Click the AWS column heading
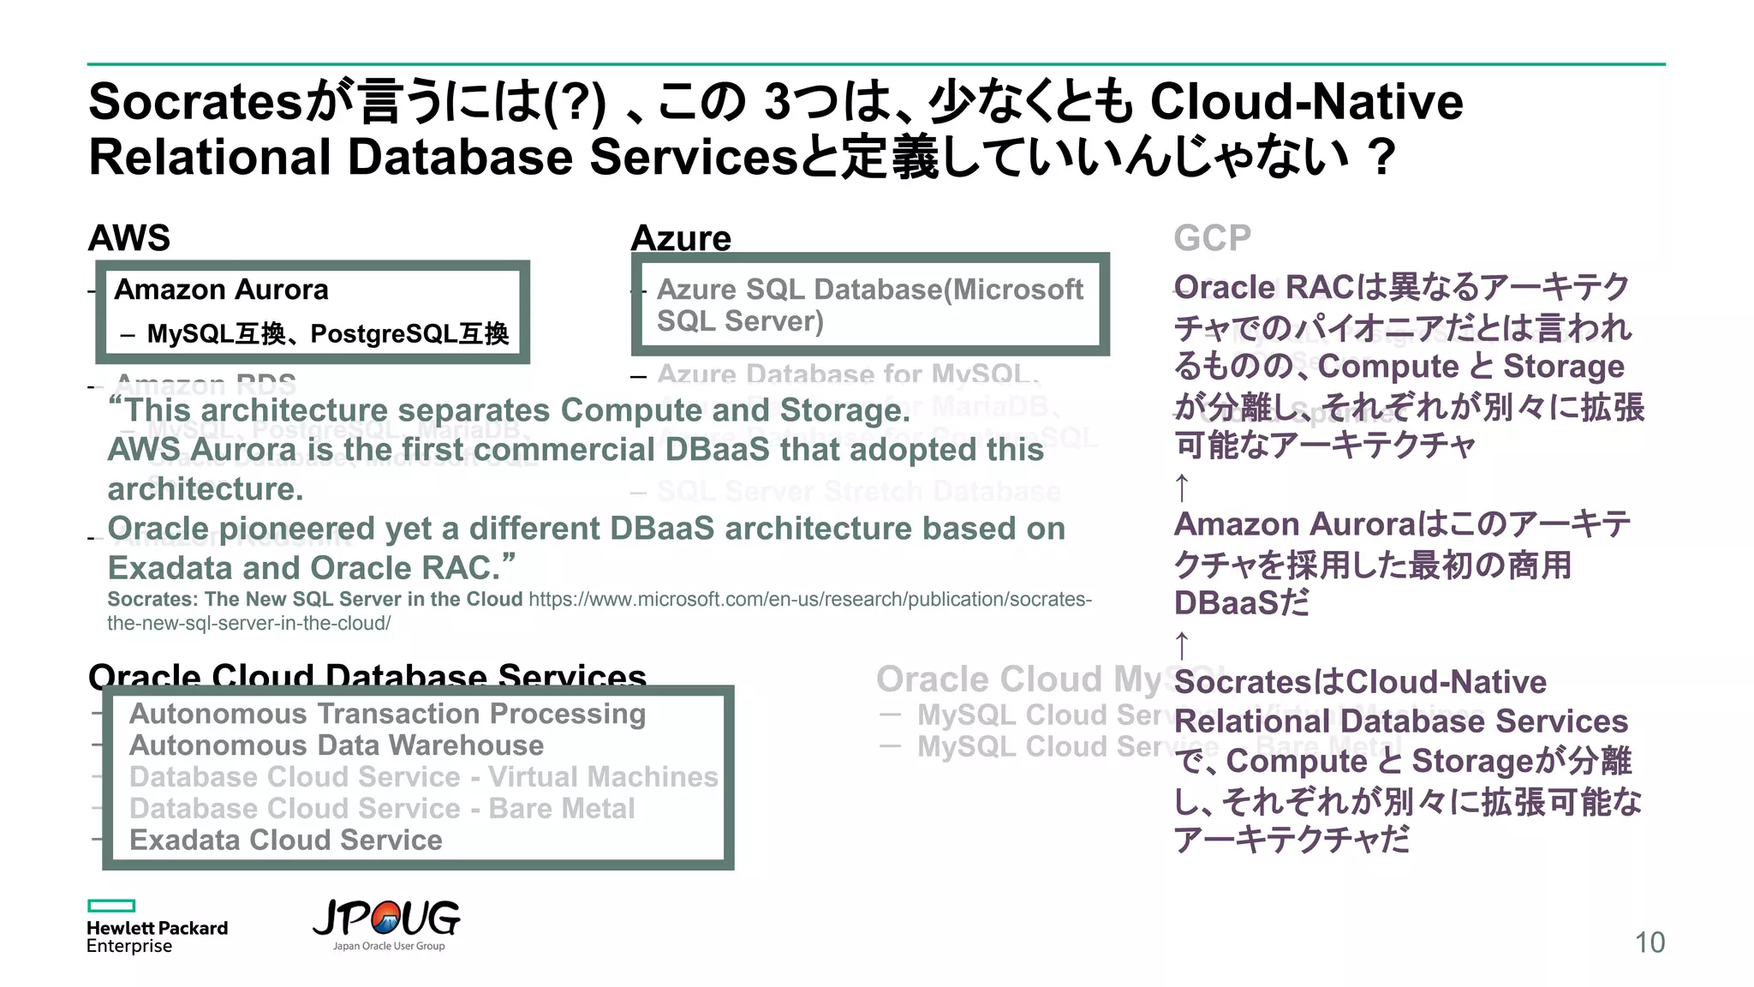[x=129, y=237]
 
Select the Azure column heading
[x=681, y=238]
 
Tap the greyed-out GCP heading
[x=1212, y=237]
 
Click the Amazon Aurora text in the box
[x=221, y=290]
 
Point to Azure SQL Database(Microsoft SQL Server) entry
[x=869, y=305]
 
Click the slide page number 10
[x=1650, y=942]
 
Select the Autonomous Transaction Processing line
[x=387, y=714]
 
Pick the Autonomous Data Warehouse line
[x=337, y=745]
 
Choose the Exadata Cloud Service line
[x=286, y=840]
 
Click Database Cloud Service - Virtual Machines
[x=423, y=777]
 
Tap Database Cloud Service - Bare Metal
[x=382, y=809]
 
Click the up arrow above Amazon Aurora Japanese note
[x=1182, y=488]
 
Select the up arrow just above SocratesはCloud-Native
[x=1182, y=644]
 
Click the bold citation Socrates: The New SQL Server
[x=314, y=599]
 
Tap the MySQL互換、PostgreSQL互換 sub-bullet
[x=327, y=333]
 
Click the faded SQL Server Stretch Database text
[x=858, y=491]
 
